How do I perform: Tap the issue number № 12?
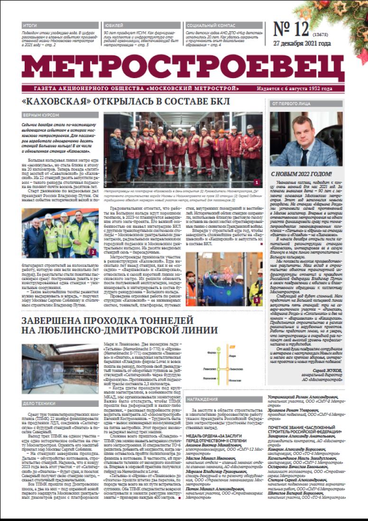[291, 30]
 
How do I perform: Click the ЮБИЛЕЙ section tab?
[112, 25]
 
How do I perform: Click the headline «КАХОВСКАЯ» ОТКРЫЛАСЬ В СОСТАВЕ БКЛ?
[126, 102]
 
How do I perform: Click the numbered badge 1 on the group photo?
[257, 182]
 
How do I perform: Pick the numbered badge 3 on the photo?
[257, 300]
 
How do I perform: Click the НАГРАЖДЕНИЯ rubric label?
[202, 399]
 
